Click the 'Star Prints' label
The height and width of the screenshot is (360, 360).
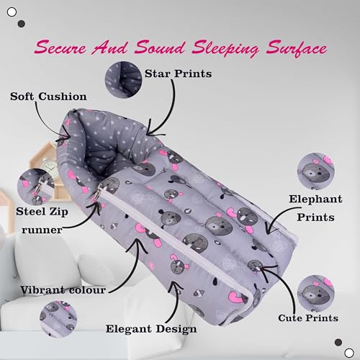tap(178, 73)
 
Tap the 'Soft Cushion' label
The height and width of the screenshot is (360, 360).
tap(48, 96)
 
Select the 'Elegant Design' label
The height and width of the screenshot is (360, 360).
tap(151, 329)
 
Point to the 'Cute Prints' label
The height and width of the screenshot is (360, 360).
tap(308, 318)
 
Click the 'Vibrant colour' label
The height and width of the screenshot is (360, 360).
tap(63, 290)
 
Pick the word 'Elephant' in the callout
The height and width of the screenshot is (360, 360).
tap(315, 199)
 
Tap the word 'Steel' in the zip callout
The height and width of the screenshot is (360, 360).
tap(31, 212)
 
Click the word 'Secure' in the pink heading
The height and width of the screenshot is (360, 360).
tap(60, 48)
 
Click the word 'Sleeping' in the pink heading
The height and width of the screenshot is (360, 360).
tap(225, 49)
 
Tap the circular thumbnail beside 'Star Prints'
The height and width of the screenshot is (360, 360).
tap(123, 79)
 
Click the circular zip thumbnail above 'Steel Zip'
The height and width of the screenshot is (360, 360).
tap(36, 186)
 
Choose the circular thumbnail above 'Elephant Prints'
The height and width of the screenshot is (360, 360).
tap(316, 171)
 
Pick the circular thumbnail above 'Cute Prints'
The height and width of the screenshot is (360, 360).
tap(316, 294)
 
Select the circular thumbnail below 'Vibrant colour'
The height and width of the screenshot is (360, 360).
tap(58, 319)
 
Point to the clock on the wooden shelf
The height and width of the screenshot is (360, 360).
tap(50, 167)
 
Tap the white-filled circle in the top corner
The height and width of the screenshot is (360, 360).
tap(12, 12)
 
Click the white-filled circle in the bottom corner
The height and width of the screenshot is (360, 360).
tap(349, 353)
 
